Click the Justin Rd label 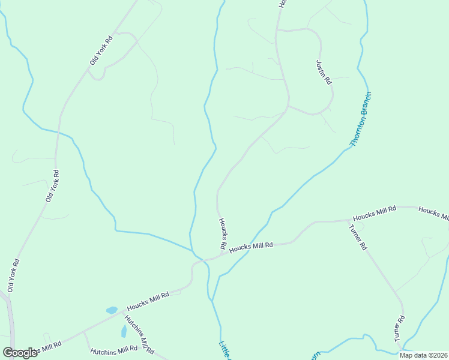pos(324,71)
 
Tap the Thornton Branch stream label pos(361,119)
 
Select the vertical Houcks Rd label pos(221,233)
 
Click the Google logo pos(20,352)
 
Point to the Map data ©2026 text pos(423,355)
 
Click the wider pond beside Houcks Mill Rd pos(112,310)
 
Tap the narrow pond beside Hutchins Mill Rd pos(124,331)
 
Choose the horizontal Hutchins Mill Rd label pos(114,350)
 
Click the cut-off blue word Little pos(224,350)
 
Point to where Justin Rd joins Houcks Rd pos(288,106)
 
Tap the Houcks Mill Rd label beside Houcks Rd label pos(252,246)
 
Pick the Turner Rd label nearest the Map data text pos(399,328)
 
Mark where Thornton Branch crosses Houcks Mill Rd pos(247,249)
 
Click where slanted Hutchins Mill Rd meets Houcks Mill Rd pos(124,313)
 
